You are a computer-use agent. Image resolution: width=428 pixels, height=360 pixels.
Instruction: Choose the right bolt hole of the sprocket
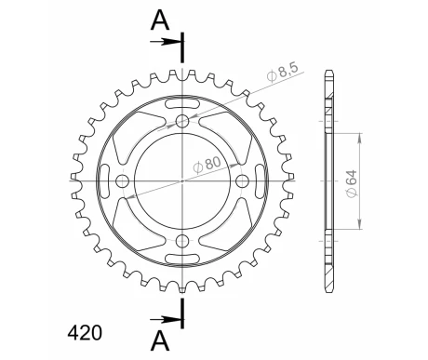[243, 180]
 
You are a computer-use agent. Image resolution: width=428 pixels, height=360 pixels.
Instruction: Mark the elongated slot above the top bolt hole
[182, 105]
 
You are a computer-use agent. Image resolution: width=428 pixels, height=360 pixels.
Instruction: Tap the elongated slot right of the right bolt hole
[259, 180]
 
